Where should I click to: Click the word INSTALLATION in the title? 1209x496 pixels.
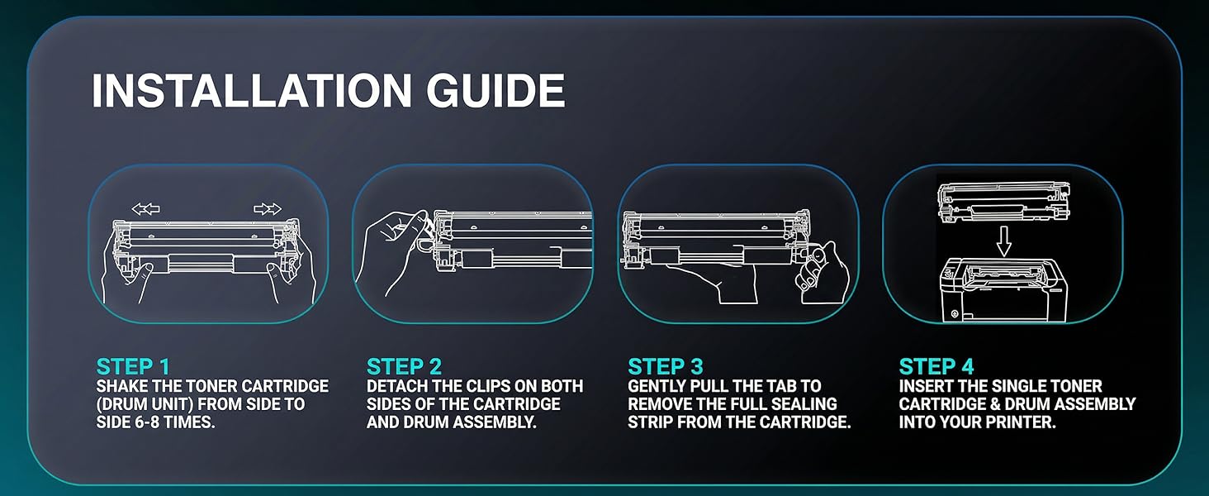coord(252,91)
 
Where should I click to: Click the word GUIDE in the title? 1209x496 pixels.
coord(495,91)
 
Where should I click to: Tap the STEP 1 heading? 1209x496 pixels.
coord(133,366)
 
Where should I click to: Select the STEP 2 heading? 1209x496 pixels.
coord(405,366)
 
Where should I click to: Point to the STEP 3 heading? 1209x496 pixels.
coord(666,366)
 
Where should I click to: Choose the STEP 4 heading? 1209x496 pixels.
coord(936,366)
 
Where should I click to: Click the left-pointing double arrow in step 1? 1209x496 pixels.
coord(145,208)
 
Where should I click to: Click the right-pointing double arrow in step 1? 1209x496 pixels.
coord(268,208)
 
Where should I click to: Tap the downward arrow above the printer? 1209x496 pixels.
coord(1003,241)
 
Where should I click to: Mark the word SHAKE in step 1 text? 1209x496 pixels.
coord(122,386)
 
